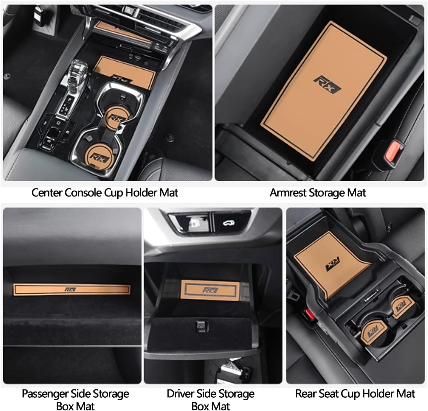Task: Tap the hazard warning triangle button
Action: (128, 9)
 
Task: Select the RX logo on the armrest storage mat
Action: (327, 85)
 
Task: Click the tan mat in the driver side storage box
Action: (210, 290)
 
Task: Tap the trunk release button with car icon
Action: (229, 223)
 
